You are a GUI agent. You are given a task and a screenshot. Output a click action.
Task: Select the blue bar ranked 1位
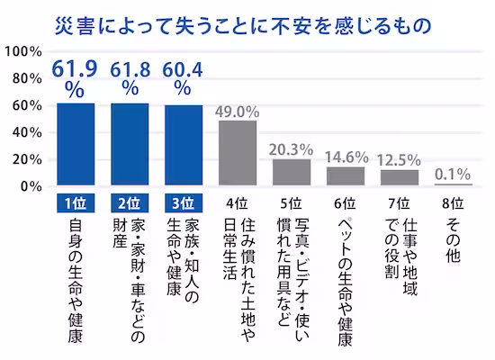[x=76, y=144]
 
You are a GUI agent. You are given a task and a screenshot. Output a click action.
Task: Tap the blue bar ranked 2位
[x=130, y=144]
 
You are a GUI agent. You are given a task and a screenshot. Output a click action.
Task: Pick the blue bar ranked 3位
[x=183, y=146]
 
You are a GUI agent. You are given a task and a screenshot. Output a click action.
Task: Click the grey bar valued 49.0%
[x=238, y=153]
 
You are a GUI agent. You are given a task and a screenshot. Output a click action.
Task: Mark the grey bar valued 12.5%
[x=399, y=177]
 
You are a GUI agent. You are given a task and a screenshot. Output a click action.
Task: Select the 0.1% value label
[x=453, y=173]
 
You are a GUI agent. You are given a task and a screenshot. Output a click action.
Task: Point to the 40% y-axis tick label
[x=26, y=132]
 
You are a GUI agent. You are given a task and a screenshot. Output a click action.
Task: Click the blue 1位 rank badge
[x=76, y=202]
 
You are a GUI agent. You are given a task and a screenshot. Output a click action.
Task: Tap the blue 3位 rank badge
[x=183, y=202]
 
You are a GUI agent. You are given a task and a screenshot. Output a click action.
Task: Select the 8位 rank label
[x=453, y=202]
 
